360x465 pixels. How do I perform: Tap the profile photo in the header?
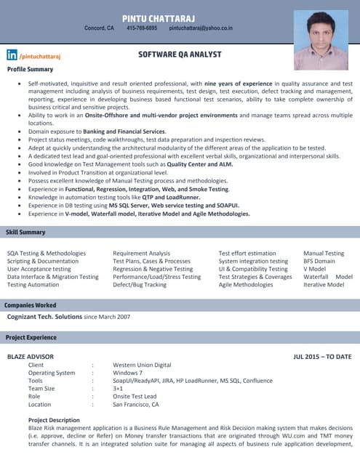click(321, 39)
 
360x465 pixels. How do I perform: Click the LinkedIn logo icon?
click(12, 55)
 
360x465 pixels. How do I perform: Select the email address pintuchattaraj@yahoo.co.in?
click(201, 28)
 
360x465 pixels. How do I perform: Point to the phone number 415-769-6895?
click(142, 28)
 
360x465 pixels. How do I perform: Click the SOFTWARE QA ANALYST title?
click(180, 54)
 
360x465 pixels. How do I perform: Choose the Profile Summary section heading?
click(30, 69)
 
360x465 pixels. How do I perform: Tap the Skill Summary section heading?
click(25, 232)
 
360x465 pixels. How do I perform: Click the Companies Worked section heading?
click(31, 305)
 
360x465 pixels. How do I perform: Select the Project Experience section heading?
click(31, 338)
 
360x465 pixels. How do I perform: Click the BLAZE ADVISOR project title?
click(30, 357)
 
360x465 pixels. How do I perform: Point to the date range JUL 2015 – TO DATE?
click(322, 357)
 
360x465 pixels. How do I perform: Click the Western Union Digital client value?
click(142, 365)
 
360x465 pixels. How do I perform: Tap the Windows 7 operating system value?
click(127, 373)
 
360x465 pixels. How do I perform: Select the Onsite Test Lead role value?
click(135, 396)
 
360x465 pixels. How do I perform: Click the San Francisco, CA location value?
click(135, 404)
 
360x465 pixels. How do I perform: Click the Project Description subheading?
click(54, 420)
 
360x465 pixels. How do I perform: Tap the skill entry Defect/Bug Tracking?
click(140, 285)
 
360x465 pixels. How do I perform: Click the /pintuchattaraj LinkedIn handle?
click(41, 55)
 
